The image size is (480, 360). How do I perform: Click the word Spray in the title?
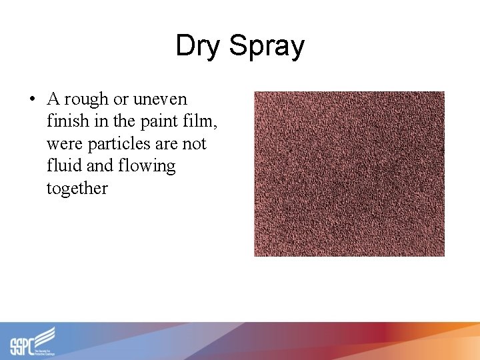(x=267, y=47)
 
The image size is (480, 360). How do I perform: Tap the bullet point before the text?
(x=31, y=99)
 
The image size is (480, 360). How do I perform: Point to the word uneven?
(x=160, y=99)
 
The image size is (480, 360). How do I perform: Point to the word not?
(x=193, y=144)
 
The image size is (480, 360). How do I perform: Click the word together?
(x=77, y=189)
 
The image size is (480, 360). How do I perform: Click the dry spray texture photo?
(x=349, y=173)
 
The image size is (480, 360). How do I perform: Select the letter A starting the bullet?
(x=53, y=99)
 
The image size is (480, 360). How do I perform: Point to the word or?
(x=121, y=99)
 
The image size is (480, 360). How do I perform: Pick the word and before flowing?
(x=99, y=166)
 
